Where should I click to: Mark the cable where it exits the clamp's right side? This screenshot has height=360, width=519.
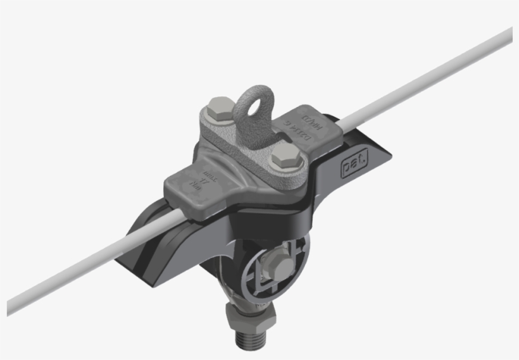[354, 120]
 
